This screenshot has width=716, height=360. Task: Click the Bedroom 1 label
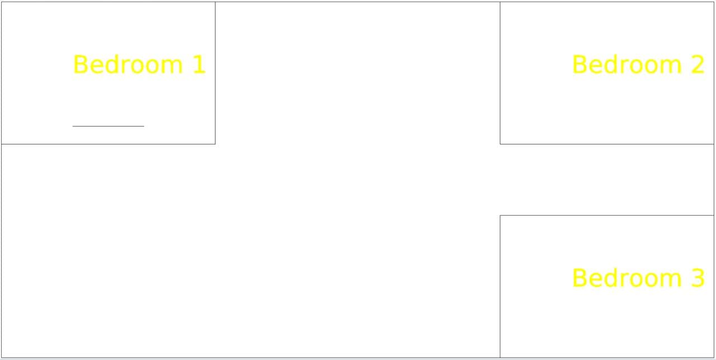139,64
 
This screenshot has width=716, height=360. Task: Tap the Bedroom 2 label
638,64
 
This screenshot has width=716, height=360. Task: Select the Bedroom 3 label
638,278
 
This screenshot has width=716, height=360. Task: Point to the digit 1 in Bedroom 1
199,64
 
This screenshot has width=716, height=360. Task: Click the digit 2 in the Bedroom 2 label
698,64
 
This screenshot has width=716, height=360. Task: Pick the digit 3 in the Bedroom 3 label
698,278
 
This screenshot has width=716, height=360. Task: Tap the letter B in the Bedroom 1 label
80,64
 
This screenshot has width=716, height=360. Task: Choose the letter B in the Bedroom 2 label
579,64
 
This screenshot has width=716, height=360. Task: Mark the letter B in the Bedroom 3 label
579,278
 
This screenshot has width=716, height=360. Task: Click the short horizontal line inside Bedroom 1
109,126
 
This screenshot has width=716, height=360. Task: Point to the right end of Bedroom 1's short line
144,126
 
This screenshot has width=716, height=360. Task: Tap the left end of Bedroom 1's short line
73,126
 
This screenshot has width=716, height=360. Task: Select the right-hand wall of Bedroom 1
215,73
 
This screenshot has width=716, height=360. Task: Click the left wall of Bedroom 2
500,73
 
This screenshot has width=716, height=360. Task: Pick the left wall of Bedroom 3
500,287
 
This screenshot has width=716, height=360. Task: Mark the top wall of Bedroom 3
607,216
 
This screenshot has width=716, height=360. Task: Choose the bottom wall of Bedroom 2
607,144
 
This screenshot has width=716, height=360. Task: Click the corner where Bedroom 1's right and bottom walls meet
215,144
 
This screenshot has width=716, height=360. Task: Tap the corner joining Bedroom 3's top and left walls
500,216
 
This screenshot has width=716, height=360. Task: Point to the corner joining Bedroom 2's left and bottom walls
500,144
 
